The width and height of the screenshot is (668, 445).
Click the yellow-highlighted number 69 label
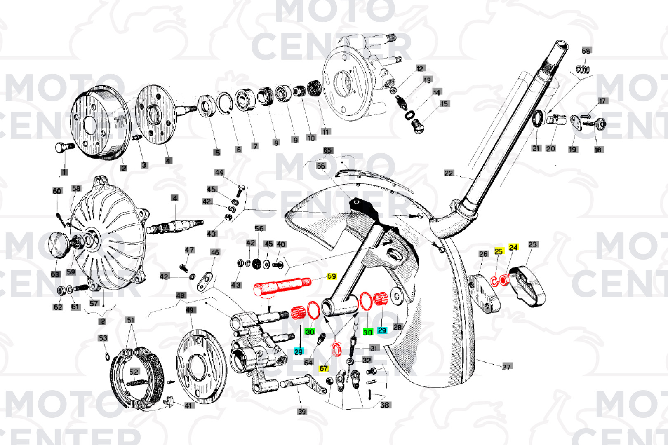(x=332, y=276)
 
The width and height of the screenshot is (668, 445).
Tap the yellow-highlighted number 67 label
(x=324, y=368)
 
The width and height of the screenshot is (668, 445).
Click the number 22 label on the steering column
(x=449, y=173)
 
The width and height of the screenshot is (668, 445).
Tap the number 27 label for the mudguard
(x=506, y=367)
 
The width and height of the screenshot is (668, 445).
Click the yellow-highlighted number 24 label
(x=513, y=247)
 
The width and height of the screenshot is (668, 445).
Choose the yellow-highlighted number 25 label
(x=499, y=251)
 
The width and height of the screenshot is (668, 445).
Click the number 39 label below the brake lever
(x=302, y=411)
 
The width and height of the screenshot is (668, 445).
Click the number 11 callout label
(x=326, y=132)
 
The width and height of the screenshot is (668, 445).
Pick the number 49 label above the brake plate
(x=190, y=310)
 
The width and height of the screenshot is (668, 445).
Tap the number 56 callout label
(x=259, y=228)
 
